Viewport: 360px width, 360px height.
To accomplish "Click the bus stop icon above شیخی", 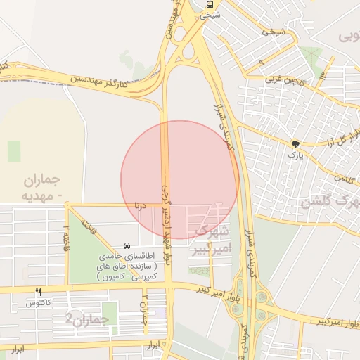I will [x=210, y=5].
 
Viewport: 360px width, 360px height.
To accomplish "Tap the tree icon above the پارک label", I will [x=295, y=143].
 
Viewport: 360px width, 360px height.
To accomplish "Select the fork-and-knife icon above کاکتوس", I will [x=38, y=292].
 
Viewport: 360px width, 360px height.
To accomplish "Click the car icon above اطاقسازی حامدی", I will [x=126, y=245].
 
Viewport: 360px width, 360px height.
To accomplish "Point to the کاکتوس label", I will [x=38, y=303].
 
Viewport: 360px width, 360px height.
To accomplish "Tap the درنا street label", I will [x=139, y=205].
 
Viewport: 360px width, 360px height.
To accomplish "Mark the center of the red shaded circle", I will [x=180, y=179].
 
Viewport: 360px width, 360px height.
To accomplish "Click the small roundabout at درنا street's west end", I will [x=67, y=205].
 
